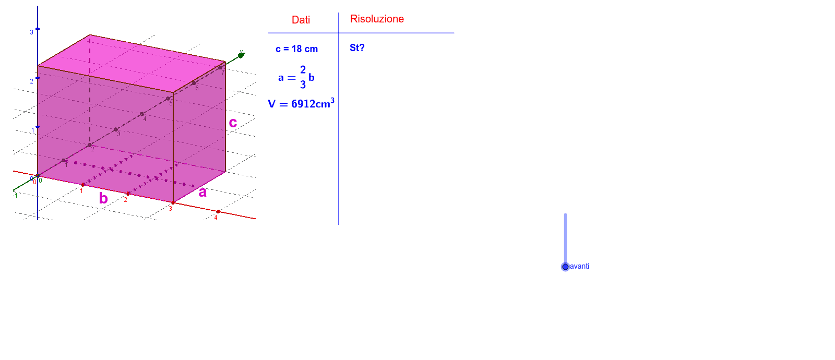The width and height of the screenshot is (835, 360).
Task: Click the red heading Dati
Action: (301, 20)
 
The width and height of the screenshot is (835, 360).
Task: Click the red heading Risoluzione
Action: (377, 19)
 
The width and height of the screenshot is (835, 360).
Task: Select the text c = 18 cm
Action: (297, 49)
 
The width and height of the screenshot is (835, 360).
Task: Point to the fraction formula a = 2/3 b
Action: (296, 77)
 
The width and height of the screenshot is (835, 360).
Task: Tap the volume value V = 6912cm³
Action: (301, 103)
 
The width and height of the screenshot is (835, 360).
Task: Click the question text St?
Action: (357, 47)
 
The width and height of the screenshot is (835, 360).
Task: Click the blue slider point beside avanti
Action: (566, 267)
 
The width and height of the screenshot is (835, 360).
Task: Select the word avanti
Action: (580, 266)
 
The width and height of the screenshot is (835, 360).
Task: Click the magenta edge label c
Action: (233, 123)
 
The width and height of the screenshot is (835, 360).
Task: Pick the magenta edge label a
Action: (202, 193)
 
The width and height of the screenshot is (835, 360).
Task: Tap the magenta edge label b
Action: (103, 198)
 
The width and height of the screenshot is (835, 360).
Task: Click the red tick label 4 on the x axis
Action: (216, 218)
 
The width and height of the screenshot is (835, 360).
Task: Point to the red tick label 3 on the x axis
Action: (170, 209)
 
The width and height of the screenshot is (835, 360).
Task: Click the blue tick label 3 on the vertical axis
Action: (32, 32)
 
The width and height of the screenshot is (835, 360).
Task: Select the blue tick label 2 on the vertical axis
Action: (32, 81)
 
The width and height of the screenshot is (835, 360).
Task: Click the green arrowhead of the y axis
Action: (242, 55)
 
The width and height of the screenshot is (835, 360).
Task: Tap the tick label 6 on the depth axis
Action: (197, 88)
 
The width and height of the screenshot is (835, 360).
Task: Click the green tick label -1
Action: (15, 195)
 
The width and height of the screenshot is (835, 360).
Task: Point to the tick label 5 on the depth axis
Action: (171, 103)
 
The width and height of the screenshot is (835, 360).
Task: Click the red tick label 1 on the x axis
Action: (81, 191)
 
